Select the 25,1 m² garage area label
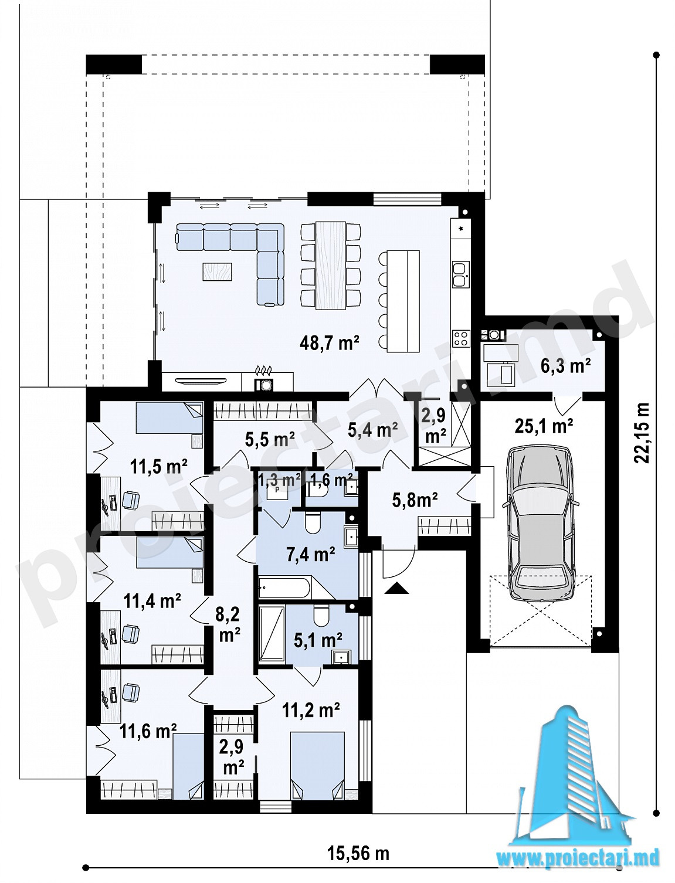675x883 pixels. [x=544, y=426]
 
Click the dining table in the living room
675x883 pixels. [x=331, y=265]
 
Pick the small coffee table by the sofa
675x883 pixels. [x=217, y=271]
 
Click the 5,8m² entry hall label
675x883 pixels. [x=415, y=501]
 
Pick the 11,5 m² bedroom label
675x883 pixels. [x=158, y=467]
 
